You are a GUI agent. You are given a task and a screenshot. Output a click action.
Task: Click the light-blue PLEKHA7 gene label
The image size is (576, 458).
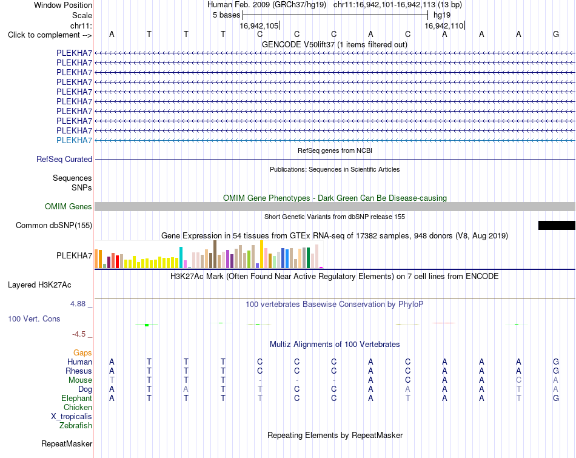74,140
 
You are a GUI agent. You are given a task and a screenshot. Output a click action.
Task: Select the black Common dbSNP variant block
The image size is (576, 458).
557,225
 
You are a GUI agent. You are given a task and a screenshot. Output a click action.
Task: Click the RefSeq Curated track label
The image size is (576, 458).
64,159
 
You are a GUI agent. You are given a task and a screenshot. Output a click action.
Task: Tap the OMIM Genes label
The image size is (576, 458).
69,207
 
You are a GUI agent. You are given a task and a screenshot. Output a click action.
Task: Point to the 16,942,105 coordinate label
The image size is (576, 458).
259,25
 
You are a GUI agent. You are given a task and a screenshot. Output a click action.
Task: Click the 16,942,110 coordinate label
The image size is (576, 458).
444,25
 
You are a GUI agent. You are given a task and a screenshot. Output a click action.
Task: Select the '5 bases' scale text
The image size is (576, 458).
226,15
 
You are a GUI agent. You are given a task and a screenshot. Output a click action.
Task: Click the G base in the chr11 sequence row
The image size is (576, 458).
556,34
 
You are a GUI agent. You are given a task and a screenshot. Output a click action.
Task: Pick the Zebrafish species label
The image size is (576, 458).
76,426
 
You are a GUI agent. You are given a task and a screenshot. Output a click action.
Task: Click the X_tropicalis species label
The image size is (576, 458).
72,417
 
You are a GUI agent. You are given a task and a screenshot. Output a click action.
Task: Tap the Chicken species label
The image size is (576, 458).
78,407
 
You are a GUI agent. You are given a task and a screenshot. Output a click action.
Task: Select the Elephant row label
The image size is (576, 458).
77,398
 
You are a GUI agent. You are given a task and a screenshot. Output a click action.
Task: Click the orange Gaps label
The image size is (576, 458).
82,353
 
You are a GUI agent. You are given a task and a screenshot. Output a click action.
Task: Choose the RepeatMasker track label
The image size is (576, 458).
67,443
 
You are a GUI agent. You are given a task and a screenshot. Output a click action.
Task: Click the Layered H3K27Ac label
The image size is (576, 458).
39,285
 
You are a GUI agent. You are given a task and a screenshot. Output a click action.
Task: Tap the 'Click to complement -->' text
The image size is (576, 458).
50,35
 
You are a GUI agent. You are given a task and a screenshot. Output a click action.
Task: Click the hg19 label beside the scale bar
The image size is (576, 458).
442,15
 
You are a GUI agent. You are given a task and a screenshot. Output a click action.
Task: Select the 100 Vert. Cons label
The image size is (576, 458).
34,318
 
